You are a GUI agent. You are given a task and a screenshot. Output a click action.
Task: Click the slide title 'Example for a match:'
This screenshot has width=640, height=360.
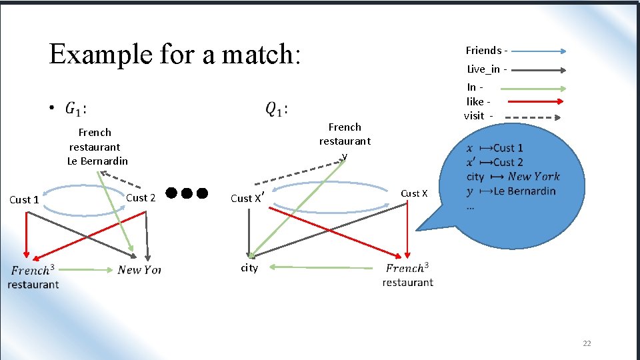point(175,54)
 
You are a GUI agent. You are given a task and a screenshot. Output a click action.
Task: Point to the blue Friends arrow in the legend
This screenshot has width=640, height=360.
point(539,51)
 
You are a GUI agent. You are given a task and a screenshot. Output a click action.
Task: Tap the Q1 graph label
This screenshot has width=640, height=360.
point(277,108)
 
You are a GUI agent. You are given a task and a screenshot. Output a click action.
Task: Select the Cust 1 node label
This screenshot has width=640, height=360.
point(25,199)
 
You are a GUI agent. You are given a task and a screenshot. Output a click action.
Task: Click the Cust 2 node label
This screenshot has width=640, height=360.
point(141,197)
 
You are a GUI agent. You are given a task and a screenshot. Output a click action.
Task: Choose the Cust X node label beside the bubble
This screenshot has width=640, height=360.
point(414,193)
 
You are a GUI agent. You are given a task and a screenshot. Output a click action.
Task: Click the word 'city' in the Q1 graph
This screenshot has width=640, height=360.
point(249,268)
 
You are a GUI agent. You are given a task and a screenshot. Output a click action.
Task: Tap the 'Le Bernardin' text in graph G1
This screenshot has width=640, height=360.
point(97,161)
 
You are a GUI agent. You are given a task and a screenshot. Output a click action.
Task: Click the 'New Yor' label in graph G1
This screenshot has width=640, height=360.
point(139,270)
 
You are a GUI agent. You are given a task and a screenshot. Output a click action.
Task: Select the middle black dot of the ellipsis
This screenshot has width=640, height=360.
point(186,193)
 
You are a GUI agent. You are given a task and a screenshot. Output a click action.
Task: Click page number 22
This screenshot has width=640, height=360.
point(587,343)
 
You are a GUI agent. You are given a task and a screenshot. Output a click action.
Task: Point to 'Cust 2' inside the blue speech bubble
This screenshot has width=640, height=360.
point(508,162)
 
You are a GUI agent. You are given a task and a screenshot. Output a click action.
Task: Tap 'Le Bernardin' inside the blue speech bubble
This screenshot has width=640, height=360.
point(524,191)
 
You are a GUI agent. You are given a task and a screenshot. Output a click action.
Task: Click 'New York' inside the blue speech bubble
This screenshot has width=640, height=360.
point(533,177)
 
